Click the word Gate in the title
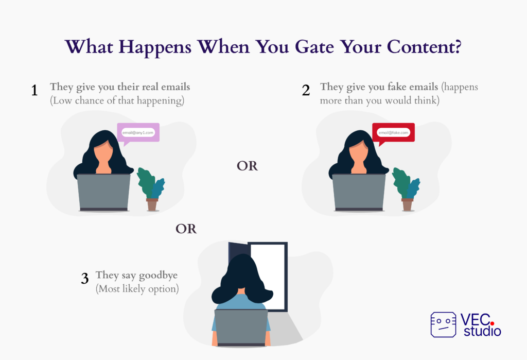(x=314, y=46)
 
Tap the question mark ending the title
(x=458, y=46)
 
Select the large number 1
(x=34, y=90)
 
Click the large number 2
(x=306, y=90)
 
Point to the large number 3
(x=85, y=278)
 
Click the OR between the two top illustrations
(x=247, y=166)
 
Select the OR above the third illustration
(x=186, y=229)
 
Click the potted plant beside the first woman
(x=151, y=189)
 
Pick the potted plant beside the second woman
(x=407, y=189)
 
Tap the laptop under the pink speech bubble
(x=103, y=193)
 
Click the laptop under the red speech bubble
(x=359, y=193)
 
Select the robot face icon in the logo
(x=443, y=324)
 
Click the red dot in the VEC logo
(x=492, y=323)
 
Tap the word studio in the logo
(x=482, y=331)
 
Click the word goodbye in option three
(x=159, y=276)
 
